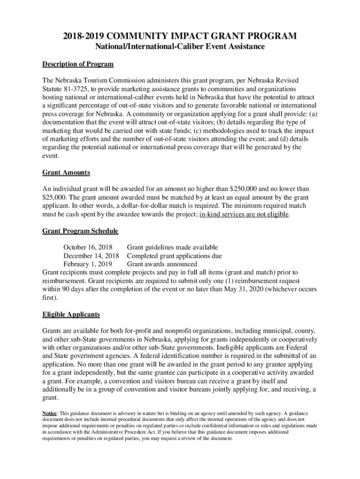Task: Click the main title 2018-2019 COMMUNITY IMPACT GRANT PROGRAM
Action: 180,36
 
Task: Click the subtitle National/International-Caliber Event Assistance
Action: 180,47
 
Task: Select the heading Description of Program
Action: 78,64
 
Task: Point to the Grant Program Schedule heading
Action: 80,231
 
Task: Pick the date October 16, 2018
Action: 87,247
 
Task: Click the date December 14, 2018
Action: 91,256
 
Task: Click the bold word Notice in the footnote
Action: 50,414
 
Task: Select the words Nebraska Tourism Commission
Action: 96,80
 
